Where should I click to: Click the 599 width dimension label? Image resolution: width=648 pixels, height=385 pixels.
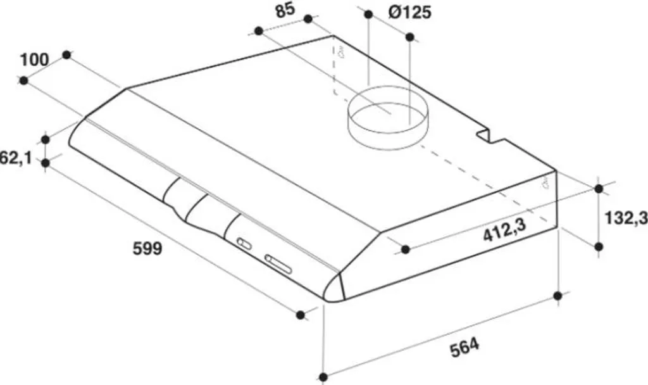pyautogui.click(x=147, y=248)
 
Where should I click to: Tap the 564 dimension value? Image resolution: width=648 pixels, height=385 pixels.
pyautogui.click(x=464, y=347)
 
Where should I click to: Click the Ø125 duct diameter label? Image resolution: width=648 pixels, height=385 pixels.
pyautogui.click(x=409, y=13)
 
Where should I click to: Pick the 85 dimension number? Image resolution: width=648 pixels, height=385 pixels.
pyautogui.click(x=285, y=10)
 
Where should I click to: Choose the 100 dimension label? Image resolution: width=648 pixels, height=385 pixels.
pyautogui.click(x=34, y=60)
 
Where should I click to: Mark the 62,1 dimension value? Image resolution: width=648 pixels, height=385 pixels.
pyautogui.click(x=16, y=158)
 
